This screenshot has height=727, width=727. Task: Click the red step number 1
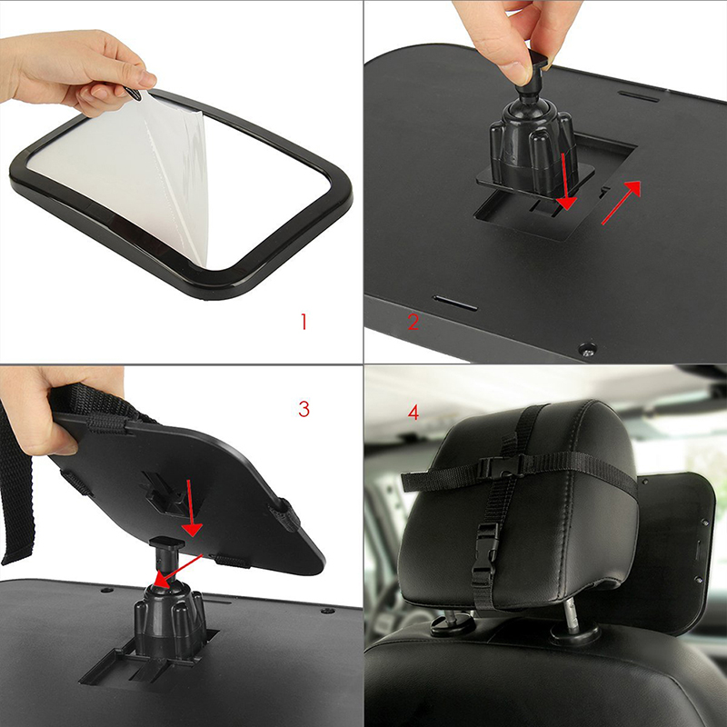304,322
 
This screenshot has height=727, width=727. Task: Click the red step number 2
413,323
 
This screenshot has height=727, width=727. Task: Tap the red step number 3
304,409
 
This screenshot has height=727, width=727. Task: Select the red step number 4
413,413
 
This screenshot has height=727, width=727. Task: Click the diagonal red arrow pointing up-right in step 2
622,203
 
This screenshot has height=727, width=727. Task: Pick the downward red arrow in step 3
191,508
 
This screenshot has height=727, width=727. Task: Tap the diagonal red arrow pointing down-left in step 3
178,572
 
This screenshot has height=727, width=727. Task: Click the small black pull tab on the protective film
133,94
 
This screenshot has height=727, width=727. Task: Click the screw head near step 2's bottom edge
587,348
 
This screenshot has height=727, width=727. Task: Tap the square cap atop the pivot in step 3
167,543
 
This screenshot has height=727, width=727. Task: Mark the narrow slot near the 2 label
454,304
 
